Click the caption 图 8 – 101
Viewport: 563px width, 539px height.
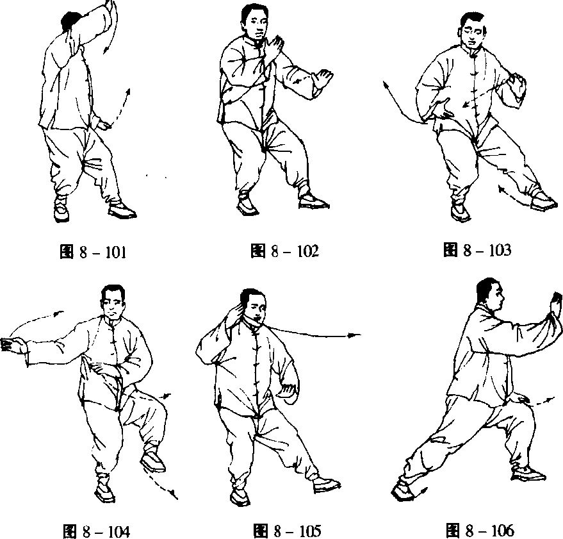click(93, 252)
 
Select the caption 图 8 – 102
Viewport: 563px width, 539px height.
click(285, 251)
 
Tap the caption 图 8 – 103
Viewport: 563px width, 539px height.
click(477, 250)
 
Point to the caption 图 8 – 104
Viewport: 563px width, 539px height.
click(96, 531)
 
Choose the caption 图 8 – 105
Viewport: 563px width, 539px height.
click(287, 531)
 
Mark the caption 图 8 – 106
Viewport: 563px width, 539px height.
click(480, 530)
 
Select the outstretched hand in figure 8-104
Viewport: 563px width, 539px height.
click(13, 345)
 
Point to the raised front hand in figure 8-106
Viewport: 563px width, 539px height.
click(555, 304)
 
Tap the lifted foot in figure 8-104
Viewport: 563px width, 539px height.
click(153, 461)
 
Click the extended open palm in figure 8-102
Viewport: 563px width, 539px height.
click(323, 79)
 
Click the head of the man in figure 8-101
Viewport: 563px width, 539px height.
click(72, 22)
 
